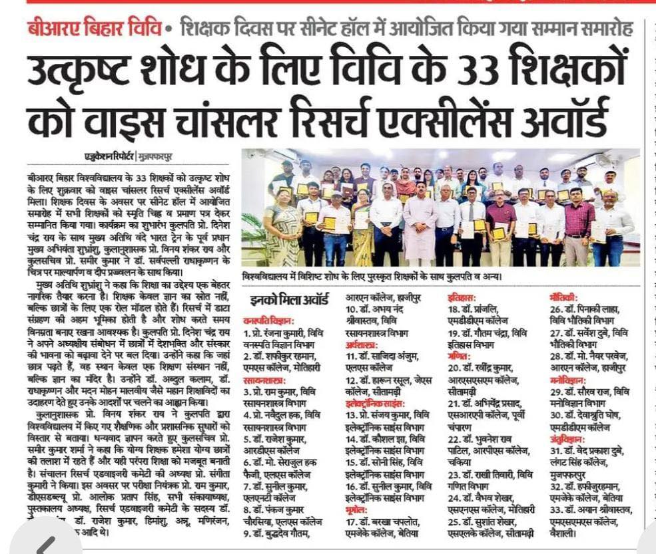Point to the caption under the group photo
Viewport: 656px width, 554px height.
(x=373, y=275)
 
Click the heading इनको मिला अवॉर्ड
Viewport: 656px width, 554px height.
(x=288, y=299)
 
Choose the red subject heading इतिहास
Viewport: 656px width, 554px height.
(x=461, y=298)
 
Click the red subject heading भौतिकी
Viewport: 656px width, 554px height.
(x=563, y=298)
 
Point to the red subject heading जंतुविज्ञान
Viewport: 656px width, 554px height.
(x=568, y=439)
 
